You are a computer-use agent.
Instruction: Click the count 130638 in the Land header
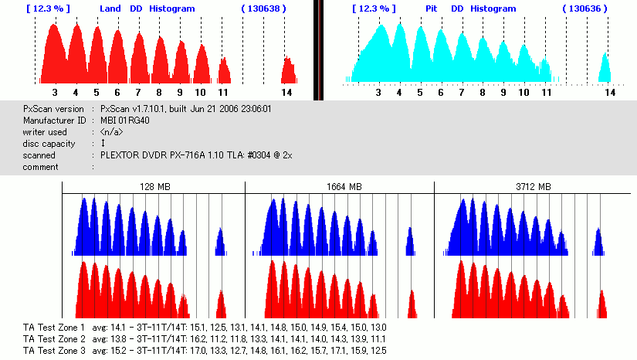(x=263, y=8)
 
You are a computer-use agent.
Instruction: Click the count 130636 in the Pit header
(x=584, y=8)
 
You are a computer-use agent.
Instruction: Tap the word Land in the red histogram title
(x=110, y=8)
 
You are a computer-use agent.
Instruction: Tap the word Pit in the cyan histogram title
(x=432, y=8)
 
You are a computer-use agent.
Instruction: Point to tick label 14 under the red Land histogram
(x=286, y=92)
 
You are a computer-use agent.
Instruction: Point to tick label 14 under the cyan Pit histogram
(x=608, y=92)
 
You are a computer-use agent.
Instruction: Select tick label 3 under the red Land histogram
(x=55, y=92)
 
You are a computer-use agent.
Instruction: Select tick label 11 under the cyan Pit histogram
(x=546, y=92)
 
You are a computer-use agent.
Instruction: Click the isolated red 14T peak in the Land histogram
(x=289, y=70)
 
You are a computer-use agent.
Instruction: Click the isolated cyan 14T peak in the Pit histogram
(x=605, y=68)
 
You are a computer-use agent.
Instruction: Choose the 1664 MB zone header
(x=340, y=187)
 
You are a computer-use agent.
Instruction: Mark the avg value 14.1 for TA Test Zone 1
(x=122, y=328)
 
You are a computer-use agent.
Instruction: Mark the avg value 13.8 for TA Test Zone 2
(x=122, y=339)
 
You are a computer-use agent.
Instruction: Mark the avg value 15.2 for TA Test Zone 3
(x=122, y=350)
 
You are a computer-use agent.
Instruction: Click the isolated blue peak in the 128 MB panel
(x=220, y=242)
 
